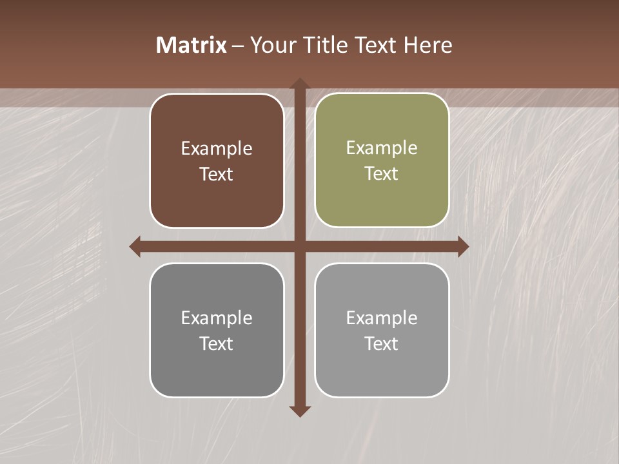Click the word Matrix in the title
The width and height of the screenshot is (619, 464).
tap(192, 45)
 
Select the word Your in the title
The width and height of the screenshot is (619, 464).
tap(272, 45)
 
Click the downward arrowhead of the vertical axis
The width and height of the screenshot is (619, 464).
tap(300, 411)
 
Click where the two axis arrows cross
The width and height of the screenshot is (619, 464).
tap(300, 247)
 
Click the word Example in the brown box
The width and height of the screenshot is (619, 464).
tap(217, 149)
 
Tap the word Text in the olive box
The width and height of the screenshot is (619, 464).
tap(382, 173)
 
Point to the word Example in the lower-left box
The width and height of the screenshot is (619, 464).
tap(217, 318)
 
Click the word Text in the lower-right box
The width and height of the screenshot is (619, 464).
tap(382, 343)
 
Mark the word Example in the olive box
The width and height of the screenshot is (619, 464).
tap(382, 148)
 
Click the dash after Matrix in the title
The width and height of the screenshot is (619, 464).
tap(238, 46)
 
